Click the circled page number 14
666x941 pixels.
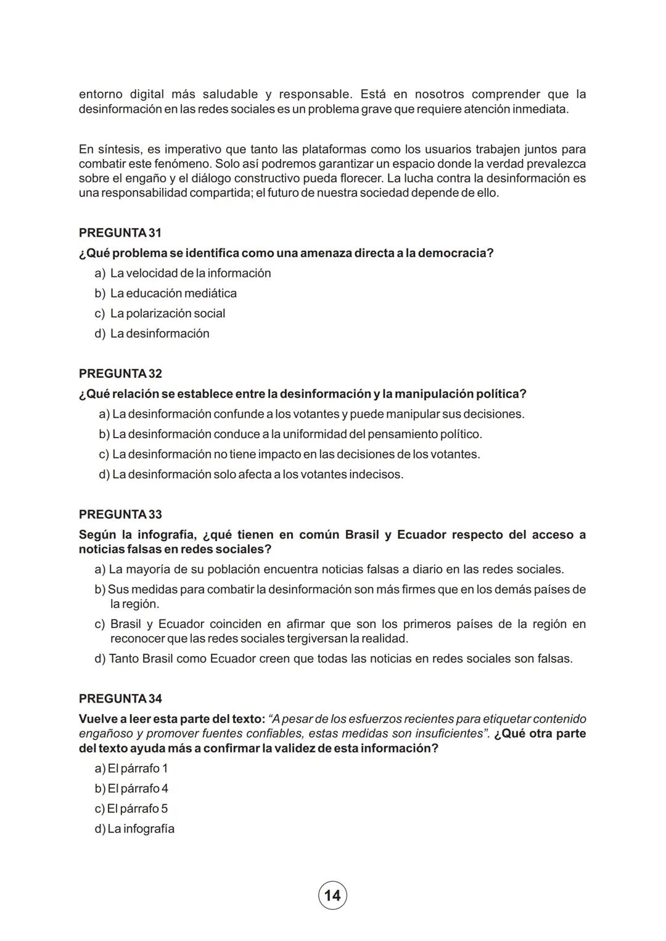coord(332,895)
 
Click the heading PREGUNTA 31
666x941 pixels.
coord(120,233)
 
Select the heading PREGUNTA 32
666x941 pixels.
coord(120,373)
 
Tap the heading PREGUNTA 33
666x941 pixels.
coord(120,514)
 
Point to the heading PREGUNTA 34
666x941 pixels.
coord(120,698)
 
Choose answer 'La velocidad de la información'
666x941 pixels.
coord(190,273)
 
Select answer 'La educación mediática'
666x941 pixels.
coord(173,293)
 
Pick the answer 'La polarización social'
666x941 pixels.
coord(167,313)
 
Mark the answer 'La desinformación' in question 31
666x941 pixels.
coord(159,333)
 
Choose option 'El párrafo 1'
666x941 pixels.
coord(138,768)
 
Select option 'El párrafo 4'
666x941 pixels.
coord(138,789)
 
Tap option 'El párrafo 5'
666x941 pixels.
coord(138,809)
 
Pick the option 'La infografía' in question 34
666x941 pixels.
coord(141,829)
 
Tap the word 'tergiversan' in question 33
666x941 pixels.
coord(317,638)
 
